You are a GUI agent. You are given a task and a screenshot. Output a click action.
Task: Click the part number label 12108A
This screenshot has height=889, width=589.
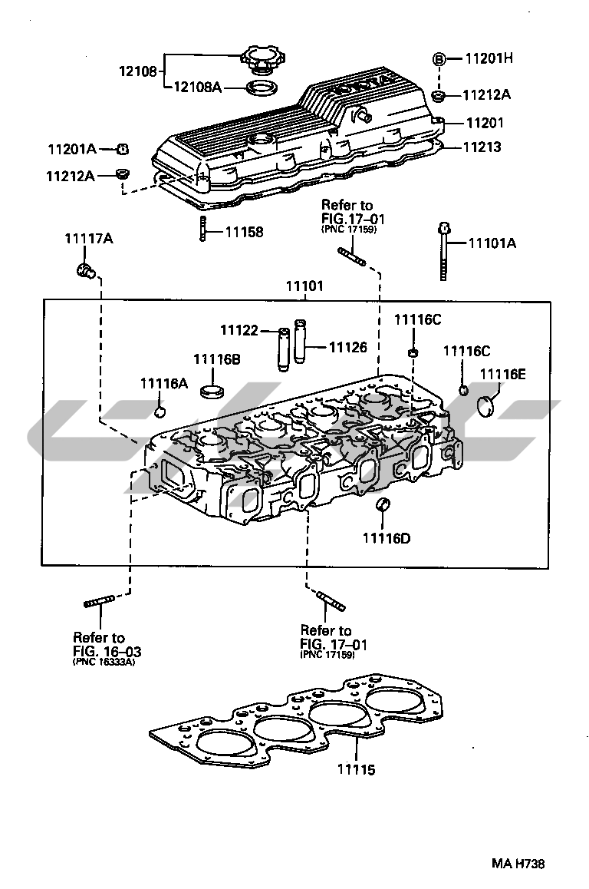pyautogui.click(x=196, y=88)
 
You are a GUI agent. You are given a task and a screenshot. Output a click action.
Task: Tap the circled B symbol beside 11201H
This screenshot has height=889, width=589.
pyautogui.click(x=439, y=58)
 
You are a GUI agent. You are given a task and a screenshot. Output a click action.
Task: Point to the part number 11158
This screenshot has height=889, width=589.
pyautogui.click(x=244, y=231)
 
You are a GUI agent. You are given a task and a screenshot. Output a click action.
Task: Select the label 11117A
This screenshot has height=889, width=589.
pyautogui.click(x=88, y=239)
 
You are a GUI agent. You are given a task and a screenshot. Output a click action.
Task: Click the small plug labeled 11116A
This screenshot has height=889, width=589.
pyautogui.click(x=160, y=412)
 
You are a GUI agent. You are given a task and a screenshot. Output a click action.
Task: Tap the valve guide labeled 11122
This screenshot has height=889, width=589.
pyautogui.click(x=282, y=349)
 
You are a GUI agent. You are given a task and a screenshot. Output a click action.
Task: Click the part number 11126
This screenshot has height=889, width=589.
pyautogui.click(x=347, y=347)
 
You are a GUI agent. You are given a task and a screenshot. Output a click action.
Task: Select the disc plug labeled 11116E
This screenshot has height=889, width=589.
pyautogui.click(x=487, y=405)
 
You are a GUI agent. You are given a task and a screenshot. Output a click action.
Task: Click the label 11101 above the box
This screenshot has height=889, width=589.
pyautogui.click(x=304, y=286)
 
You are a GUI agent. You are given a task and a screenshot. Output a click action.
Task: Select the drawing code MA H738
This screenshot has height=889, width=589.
pyautogui.click(x=518, y=863)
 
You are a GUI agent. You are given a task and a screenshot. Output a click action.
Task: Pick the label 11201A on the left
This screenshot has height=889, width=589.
pyautogui.click(x=71, y=148)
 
